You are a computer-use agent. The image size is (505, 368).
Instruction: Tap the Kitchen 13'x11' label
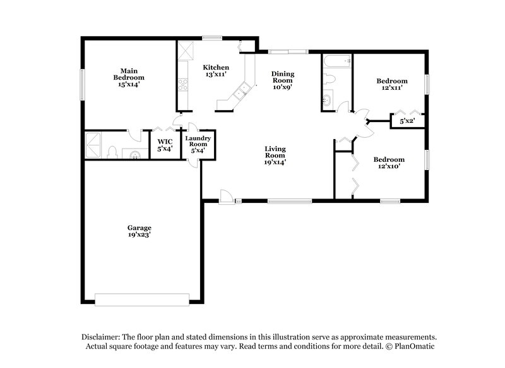tap(215, 71)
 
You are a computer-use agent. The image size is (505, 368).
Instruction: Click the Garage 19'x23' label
tap(139, 231)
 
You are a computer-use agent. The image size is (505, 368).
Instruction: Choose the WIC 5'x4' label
tap(165, 145)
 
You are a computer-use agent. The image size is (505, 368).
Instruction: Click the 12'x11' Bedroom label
tap(391, 84)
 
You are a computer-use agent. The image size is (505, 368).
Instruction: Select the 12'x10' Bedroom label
tap(389, 163)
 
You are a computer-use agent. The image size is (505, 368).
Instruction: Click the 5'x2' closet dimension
tap(407, 120)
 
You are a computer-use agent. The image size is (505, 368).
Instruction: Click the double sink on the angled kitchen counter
tap(240, 96)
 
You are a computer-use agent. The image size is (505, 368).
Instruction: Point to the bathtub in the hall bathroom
tap(336, 62)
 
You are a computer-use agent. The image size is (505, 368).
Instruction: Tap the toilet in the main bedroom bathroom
tap(111, 152)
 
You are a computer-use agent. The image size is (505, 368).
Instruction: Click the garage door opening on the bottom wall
tap(142, 297)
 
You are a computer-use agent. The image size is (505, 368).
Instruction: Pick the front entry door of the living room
tap(226, 197)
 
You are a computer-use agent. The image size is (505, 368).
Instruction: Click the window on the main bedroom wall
tap(81, 83)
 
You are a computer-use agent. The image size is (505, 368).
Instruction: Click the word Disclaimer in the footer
tap(102, 337)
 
